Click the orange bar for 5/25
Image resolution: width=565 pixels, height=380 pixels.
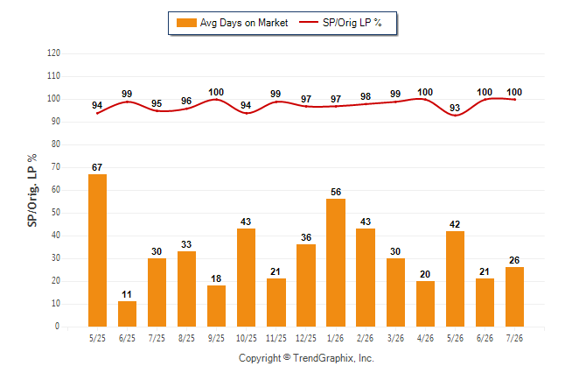[97, 250]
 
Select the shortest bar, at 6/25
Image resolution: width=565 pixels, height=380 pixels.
[127, 314]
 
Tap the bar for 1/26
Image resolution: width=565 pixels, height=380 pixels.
[336, 263]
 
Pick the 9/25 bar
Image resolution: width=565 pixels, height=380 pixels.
[217, 306]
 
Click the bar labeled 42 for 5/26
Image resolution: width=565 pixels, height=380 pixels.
[455, 279]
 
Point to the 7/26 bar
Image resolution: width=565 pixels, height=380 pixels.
[514, 297]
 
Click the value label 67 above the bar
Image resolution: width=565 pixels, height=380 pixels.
[97, 167]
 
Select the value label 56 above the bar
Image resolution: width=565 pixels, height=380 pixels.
[336, 192]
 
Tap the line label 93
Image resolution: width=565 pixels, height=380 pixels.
[455, 108]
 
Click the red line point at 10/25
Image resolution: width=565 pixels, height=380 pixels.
[247, 113]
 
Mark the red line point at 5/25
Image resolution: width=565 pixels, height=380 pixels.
[97, 113]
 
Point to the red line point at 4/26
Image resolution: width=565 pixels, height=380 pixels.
[425, 100]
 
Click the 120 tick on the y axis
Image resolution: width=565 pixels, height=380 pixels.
[53, 53]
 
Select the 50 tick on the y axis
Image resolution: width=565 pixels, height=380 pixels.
[56, 213]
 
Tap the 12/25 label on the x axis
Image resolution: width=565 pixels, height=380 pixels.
[306, 338]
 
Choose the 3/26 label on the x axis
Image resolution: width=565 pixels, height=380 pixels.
[395, 338]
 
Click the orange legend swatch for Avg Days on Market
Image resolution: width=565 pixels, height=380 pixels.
[186, 23]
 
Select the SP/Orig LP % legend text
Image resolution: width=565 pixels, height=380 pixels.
[352, 23]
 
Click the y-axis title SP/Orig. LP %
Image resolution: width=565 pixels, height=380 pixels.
[32, 190]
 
